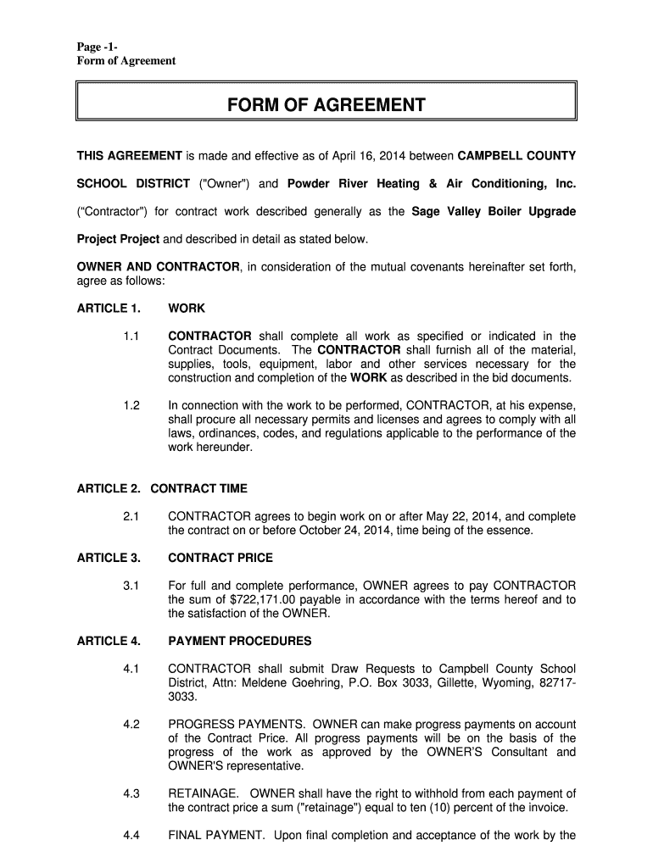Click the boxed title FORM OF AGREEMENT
click(326, 105)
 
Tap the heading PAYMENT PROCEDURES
click(240, 641)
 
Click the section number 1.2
click(131, 405)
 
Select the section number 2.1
click(131, 516)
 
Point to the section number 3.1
click(131, 585)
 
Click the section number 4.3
click(131, 793)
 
